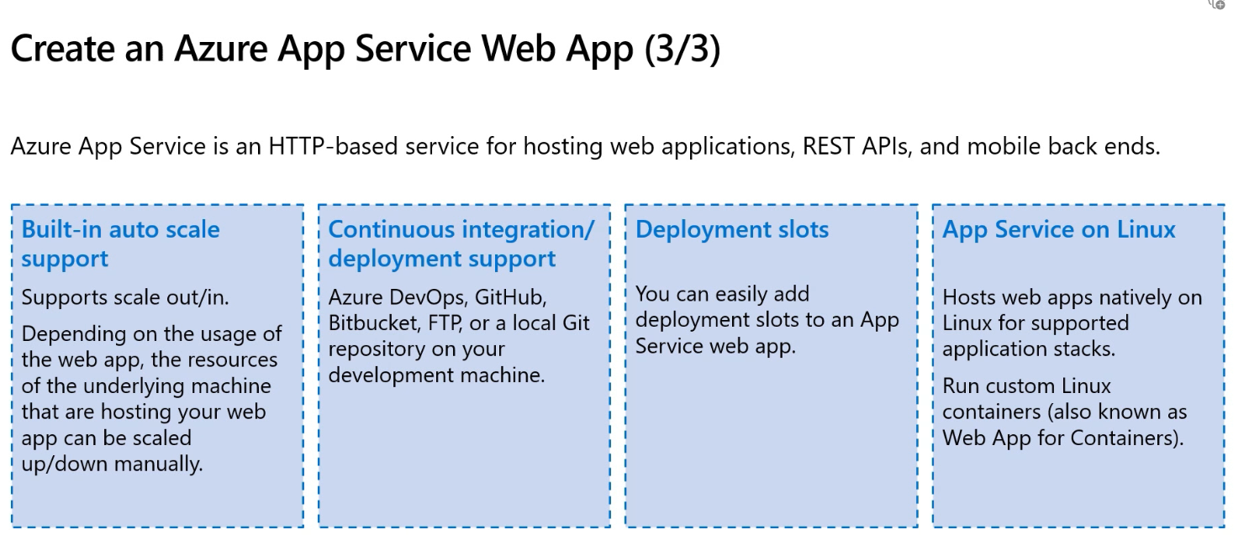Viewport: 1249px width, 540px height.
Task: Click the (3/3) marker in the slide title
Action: [682, 49]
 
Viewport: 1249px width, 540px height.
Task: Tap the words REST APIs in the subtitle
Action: [856, 146]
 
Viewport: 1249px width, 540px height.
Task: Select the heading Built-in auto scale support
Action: [120, 244]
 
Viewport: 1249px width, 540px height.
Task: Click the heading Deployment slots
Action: [732, 229]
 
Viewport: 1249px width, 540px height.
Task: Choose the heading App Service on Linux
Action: [1059, 229]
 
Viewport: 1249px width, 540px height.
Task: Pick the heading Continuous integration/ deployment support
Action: [461, 244]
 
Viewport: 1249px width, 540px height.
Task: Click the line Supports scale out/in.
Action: [125, 297]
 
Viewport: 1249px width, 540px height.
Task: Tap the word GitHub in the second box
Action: [510, 297]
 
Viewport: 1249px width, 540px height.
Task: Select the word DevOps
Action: [428, 297]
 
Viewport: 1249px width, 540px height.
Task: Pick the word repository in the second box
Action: [375, 349]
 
